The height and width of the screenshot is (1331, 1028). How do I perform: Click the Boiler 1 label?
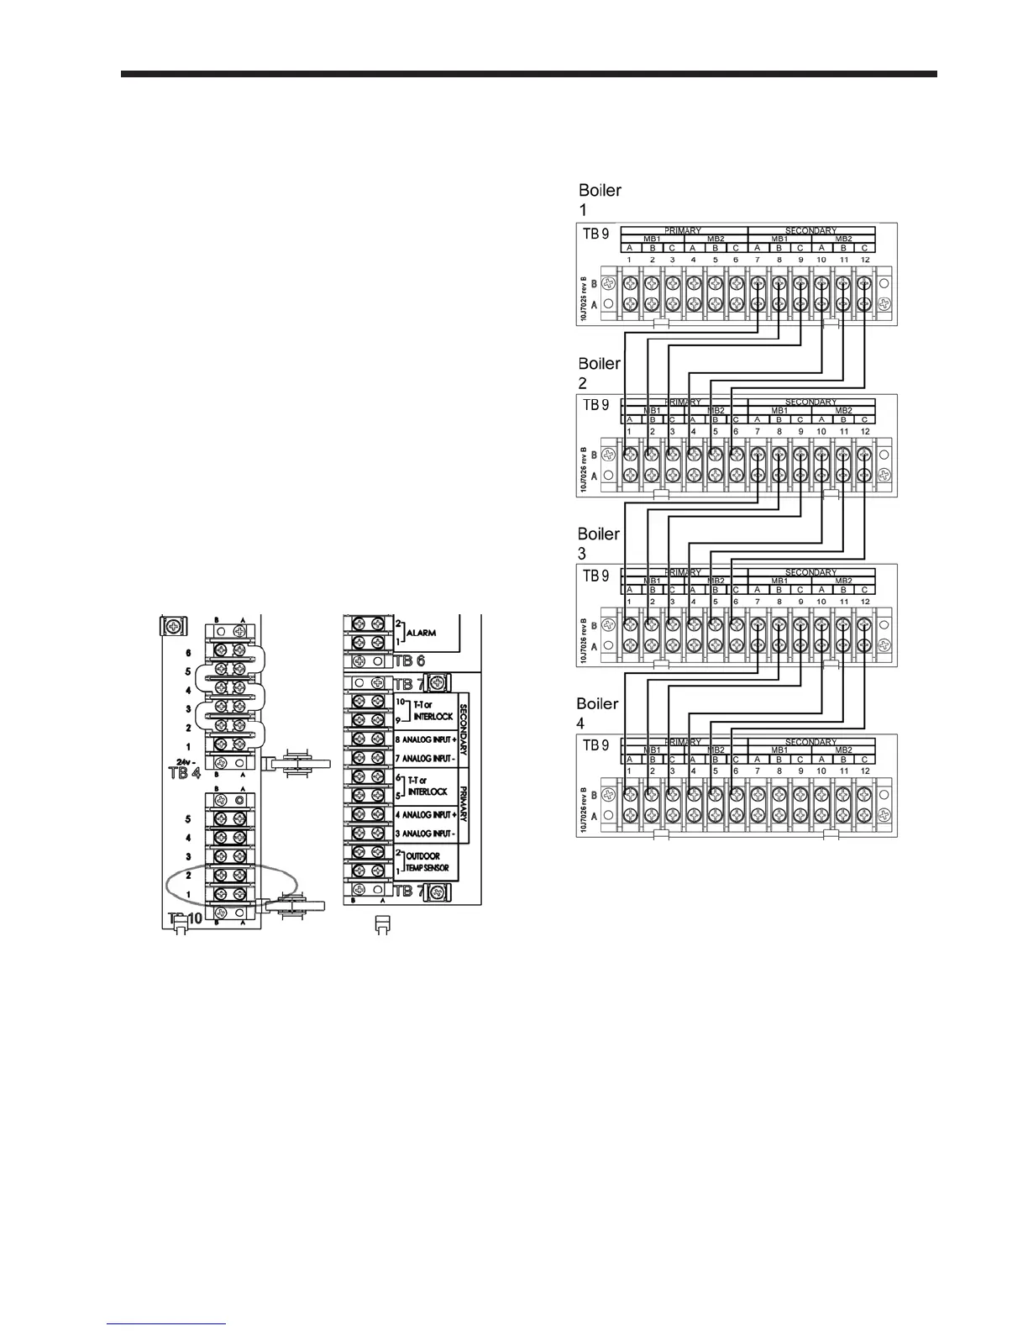pos(600,199)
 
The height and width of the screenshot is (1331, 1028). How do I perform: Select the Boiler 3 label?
pos(599,543)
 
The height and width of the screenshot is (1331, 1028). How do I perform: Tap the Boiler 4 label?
pos(597,713)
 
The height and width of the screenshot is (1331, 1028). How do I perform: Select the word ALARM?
pos(421,632)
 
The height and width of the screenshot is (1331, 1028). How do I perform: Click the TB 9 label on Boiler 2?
pos(595,404)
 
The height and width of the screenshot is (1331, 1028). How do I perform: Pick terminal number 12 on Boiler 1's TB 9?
pos(865,260)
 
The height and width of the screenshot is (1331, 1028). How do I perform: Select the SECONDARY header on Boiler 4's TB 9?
pos(810,742)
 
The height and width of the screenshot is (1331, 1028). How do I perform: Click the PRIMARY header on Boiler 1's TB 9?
pos(683,230)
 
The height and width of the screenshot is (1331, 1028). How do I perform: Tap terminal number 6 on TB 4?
pos(189,653)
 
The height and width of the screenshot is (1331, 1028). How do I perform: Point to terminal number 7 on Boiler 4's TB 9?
pos(758,771)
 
